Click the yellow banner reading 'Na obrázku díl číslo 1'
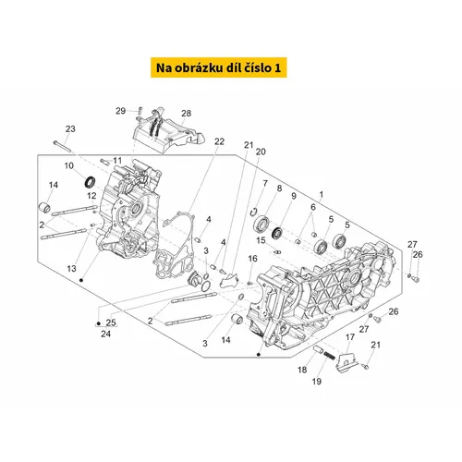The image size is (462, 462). pyautogui.click(x=219, y=67)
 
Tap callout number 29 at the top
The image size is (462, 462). pyautogui.click(x=121, y=111)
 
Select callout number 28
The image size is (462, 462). pyautogui.click(x=187, y=114)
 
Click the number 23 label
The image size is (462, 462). pyautogui.click(x=70, y=128)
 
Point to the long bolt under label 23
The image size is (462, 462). pyautogui.click(x=62, y=146)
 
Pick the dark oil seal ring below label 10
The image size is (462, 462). pyautogui.click(x=91, y=182)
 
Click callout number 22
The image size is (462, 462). pyautogui.click(x=219, y=141)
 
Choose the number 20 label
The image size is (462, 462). pyautogui.click(x=261, y=152)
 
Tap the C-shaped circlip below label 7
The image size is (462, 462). pyautogui.click(x=254, y=212)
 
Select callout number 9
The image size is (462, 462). pyautogui.click(x=294, y=196)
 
